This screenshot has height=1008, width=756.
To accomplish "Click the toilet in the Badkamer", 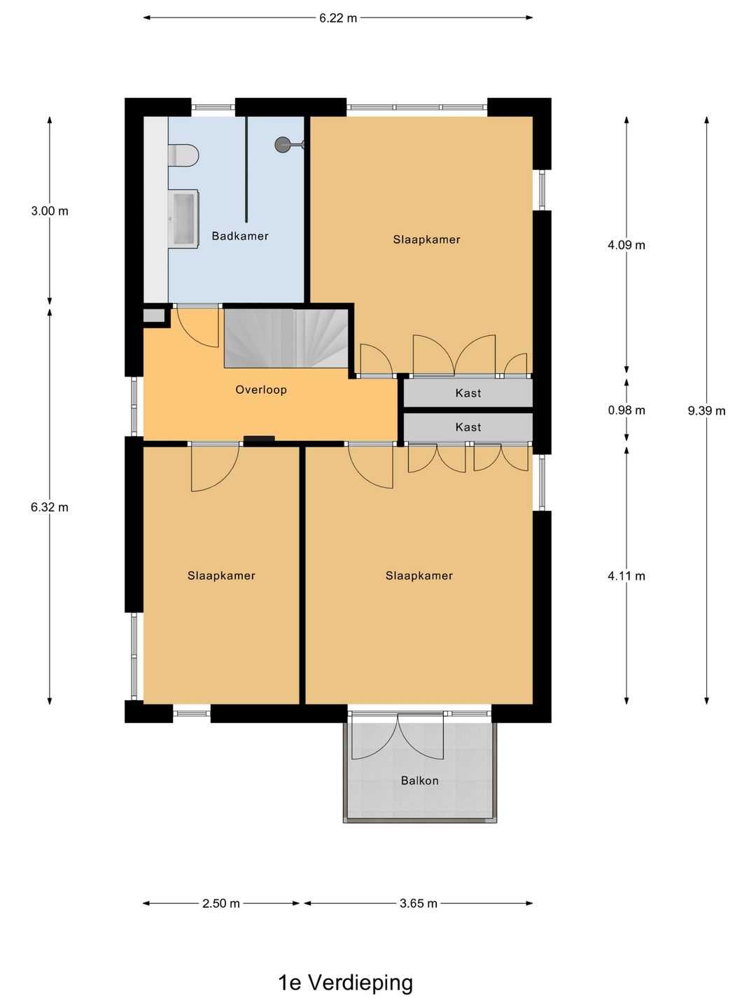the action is pyautogui.click(x=183, y=155).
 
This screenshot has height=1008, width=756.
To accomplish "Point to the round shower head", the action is pyautogui.click(x=283, y=145).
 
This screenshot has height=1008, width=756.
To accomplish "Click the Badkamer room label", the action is pyautogui.click(x=240, y=236).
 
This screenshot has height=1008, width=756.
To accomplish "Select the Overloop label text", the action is pyautogui.click(x=261, y=390).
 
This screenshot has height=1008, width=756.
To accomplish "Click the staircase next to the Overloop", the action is pyautogui.click(x=286, y=338).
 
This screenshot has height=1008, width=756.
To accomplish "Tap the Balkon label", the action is pyautogui.click(x=419, y=780).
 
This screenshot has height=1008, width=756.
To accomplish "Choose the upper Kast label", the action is pyautogui.click(x=468, y=393).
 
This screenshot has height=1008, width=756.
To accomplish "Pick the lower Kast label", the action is pyautogui.click(x=468, y=427).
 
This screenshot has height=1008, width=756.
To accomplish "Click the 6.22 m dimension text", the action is pyautogui.click(x=338, y=18).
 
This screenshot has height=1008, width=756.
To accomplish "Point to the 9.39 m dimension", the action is pyautogui.click(x=706, y=411).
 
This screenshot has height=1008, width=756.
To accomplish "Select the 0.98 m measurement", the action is pyautogui.click(x=626, y=410).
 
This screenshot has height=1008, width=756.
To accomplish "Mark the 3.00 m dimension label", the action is pyautogui.click(x=50, y=211).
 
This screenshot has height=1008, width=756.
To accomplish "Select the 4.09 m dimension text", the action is pyautogui.click(x=626, y=245).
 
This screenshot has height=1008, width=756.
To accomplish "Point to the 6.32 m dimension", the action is pyautogui.click(x=50, y=507).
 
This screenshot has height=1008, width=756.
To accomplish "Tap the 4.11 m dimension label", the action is pyautogui.click(x=626, y=576).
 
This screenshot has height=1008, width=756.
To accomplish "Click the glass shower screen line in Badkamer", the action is pyautogui.click(x=246, y=169).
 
